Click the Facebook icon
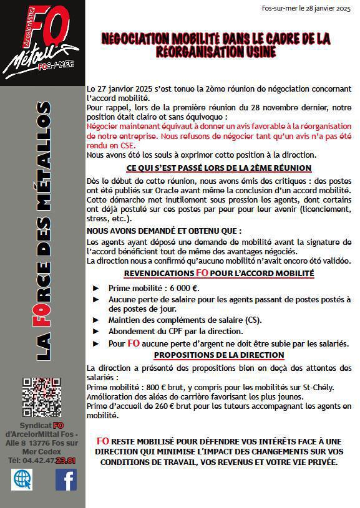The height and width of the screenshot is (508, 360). tap(66, 479)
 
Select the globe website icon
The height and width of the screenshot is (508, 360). tap(22, 479)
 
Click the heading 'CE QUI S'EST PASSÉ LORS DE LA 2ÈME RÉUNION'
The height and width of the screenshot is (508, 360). tap(219, 168)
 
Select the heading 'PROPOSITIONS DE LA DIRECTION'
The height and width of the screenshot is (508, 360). tap(218, 355)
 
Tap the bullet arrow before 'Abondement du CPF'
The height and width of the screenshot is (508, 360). tap(95, 332)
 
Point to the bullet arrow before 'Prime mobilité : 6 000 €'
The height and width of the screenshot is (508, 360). tap(95, 288)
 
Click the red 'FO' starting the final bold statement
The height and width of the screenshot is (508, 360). tap(103, 441)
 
